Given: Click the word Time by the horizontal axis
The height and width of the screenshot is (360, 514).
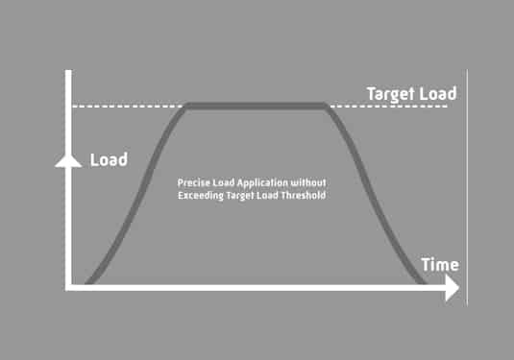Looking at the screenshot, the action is (439, 265).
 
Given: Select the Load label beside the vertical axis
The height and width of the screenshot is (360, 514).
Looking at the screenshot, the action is (109, 159).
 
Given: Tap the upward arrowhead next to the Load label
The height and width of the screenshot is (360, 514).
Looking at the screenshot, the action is (67, 159).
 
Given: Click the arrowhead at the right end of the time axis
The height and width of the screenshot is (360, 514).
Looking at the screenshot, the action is (451, 289).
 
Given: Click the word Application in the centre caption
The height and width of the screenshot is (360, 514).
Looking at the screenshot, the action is (256, 182).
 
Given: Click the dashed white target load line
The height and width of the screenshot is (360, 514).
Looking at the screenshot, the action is (125, 106).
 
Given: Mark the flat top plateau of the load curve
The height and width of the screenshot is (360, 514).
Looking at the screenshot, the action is (257, 106).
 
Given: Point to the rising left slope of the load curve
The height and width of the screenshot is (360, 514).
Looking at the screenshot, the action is (135, 192).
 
